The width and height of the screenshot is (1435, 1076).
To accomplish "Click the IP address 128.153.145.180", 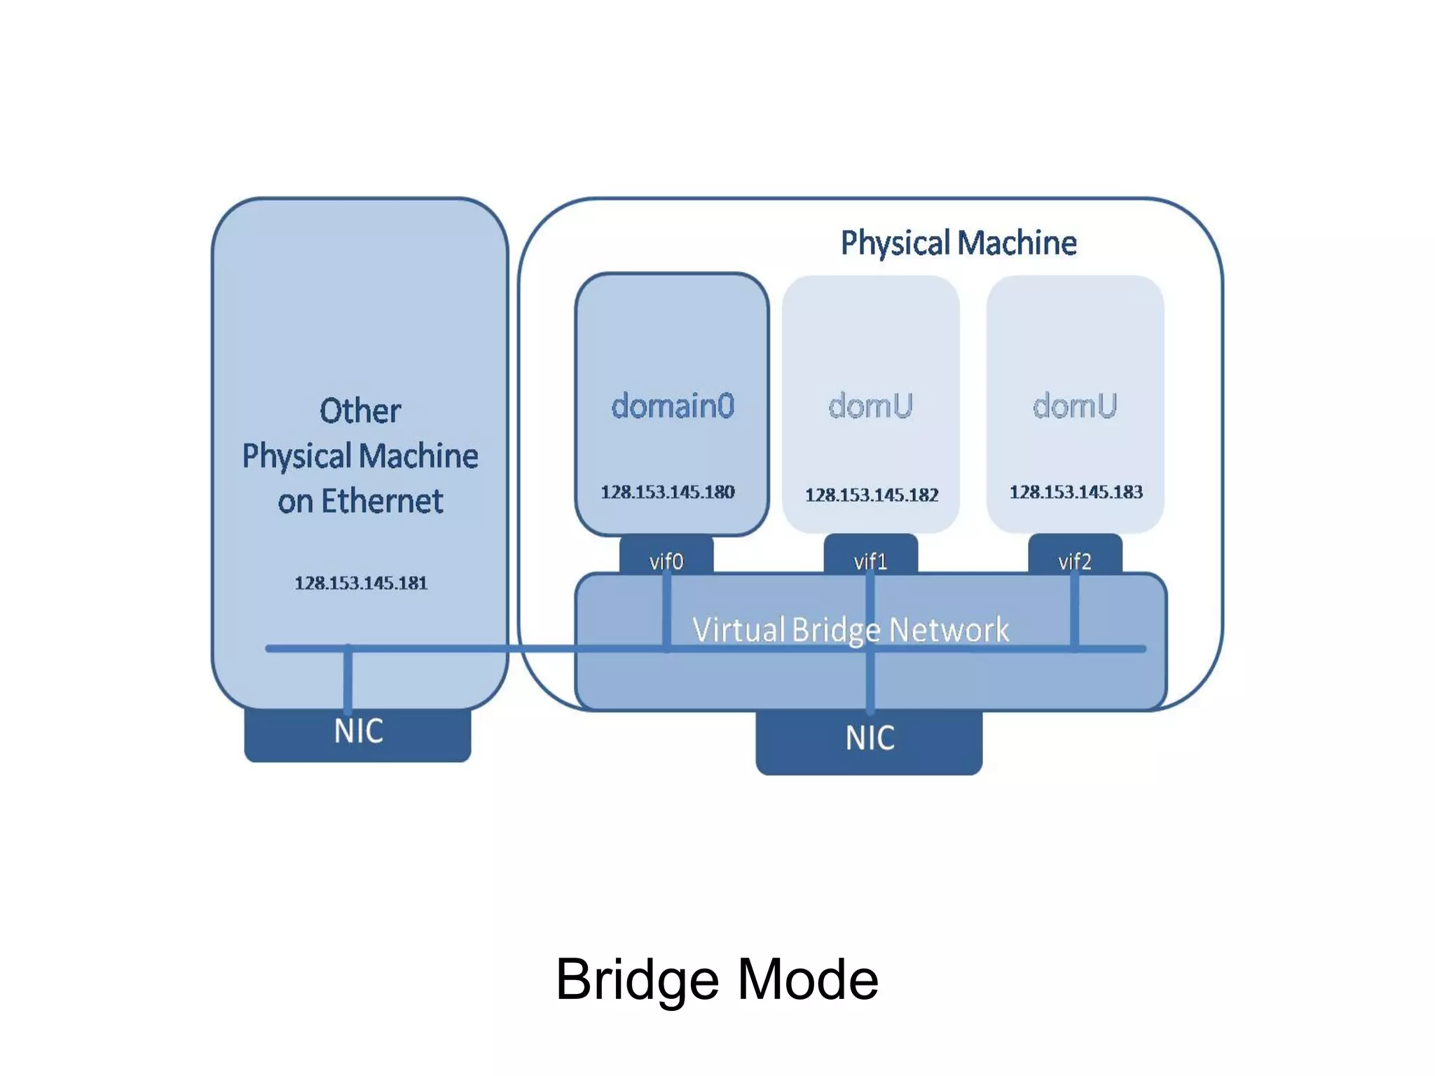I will coord(667,492).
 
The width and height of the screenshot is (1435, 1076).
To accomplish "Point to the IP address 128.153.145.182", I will coord(871,495).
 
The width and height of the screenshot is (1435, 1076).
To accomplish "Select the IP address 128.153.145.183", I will coord(1076,492).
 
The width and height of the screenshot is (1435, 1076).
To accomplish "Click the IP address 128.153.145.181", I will coord(361,583).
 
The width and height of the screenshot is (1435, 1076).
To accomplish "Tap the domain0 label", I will coord(672,406).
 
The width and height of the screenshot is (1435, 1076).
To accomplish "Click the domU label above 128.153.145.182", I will coord(870,406).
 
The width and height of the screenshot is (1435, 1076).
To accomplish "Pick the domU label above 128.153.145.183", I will coord(1075,406).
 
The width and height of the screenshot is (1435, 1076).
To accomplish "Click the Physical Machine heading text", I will coord(958,243).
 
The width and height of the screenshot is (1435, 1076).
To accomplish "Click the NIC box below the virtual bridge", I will coord(869,741).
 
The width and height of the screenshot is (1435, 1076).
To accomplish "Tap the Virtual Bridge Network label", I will coord(850,629).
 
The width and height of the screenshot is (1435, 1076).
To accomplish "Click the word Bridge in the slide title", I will coord(637,979).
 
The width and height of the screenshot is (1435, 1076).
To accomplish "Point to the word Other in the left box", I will coord(360,411).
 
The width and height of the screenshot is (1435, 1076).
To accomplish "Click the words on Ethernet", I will coord(360,502).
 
